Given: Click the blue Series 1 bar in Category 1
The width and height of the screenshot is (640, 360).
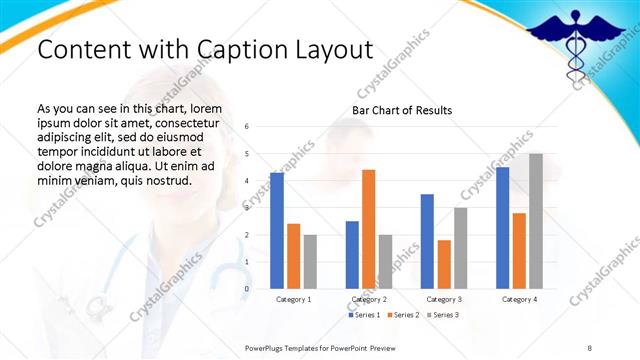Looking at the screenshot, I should pyautogui.click(x=277, y=231).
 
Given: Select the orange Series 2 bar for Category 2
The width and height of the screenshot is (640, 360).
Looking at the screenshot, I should pyautogui.click(x=368, y=229).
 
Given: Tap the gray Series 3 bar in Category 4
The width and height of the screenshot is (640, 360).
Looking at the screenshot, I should pyautogui.click(x=536, y=221).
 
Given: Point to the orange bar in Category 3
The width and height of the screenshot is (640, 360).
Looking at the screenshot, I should pyautogui.click(x=444, y=264).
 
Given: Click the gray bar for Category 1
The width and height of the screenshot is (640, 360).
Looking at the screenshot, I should pyautogui.click(x=310, y=261).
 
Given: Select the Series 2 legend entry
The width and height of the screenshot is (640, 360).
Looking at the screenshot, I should pyautogui.click(x=403, y=315).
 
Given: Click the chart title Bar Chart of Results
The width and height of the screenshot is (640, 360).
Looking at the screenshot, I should pyautogui.click(x=402, y=110).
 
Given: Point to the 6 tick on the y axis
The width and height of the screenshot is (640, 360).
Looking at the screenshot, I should pyautogui.click(x=247, y=127).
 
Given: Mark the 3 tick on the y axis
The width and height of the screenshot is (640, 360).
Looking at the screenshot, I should pyautogui.click(x=247, y=208).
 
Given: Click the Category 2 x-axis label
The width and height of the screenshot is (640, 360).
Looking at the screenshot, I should pyautogui.click(x=368, y=299).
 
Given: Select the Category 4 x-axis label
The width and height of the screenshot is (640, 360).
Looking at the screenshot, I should pyautogui.click(x=519, y=299).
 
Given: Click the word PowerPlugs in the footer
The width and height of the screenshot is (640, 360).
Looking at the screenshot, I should pyautogui.click(x=268, y=347).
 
